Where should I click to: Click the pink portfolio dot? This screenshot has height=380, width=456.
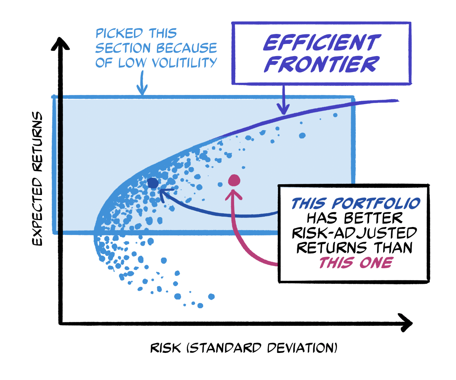[x=233, y=180]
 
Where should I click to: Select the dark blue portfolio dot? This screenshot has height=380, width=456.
[x=153, y=184]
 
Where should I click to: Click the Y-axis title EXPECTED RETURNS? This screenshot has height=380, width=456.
[x=37, y=179]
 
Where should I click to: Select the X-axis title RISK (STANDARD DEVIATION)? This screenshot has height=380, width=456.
[x=244, y=348]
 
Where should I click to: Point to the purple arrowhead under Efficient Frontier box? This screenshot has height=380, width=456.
[x=283, y=109]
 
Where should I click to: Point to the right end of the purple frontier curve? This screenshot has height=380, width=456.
[x=397, y=101]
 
